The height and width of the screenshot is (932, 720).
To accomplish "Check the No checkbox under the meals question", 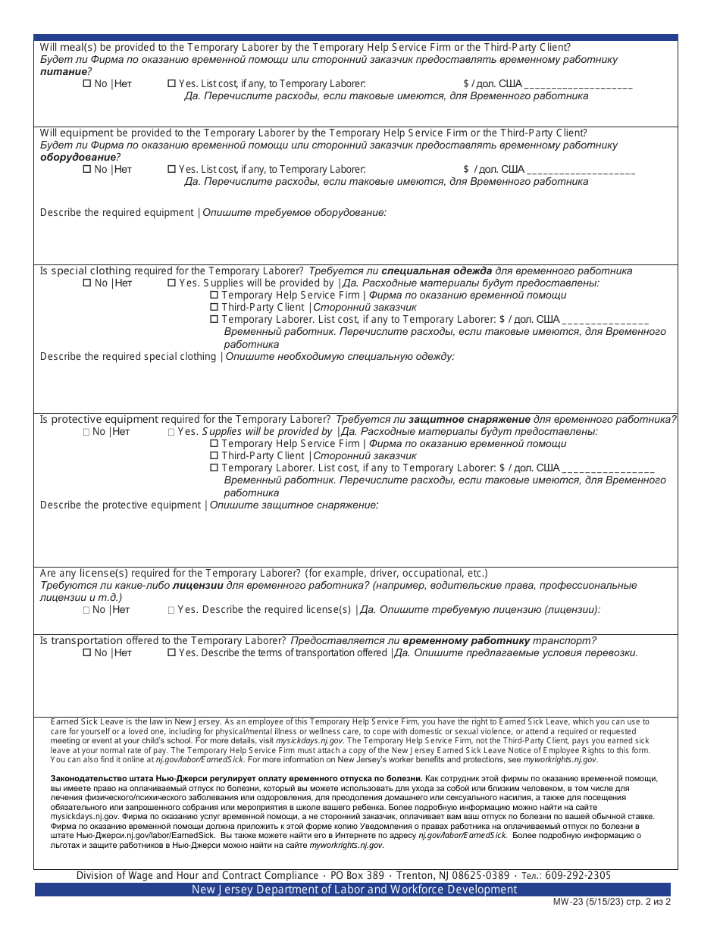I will pos(86,84).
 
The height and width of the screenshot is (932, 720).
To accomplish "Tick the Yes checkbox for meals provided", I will pos(171,84).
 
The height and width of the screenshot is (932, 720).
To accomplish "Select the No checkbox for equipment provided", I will pos(86,170).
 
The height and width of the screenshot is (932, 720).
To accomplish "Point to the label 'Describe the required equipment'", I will pos(117,213).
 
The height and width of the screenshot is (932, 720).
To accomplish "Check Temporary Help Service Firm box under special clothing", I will pos(214,296).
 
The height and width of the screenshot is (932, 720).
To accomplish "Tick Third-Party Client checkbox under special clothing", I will pos(214,308).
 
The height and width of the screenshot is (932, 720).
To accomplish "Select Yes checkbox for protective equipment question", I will pos(171,432).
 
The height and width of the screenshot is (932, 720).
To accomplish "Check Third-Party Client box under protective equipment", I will pos(214,456).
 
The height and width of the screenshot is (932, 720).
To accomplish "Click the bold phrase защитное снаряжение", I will pos(470,419).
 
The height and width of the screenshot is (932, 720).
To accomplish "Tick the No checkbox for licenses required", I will pos(86,610).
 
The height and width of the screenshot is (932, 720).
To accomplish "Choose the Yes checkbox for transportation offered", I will pos(171,653).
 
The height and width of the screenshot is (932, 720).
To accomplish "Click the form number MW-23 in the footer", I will pos(563,902).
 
